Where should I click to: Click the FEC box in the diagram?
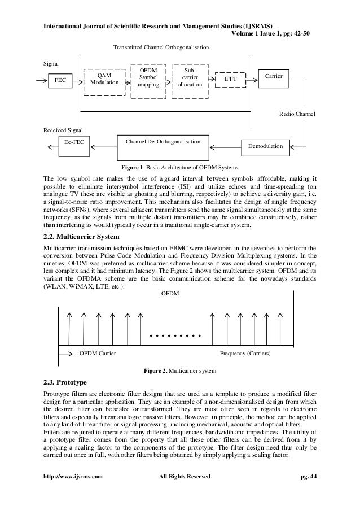[59, 81]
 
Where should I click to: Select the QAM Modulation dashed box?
[104, 79]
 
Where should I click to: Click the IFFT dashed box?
[231, 80]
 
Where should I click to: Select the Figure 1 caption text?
[180, 168]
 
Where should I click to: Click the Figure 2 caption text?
[179, 370]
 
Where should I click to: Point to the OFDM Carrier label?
[98, 353]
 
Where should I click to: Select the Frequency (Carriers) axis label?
[244, 353]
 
